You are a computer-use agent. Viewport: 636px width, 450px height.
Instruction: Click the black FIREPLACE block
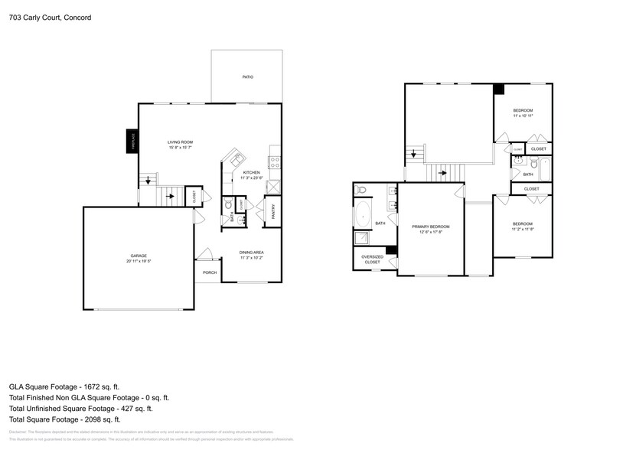coord(131,142)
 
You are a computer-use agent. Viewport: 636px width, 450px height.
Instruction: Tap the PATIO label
coord(247,77)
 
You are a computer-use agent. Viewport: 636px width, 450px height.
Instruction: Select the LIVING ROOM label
coord(180,142)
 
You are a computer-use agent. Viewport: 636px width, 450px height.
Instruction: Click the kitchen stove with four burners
coord(274,161)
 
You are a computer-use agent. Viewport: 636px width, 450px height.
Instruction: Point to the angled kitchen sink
coord(235,159)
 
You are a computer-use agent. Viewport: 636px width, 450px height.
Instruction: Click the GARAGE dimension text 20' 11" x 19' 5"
coord(138,262)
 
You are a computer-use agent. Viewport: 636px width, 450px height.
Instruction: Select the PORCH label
coord(209,272)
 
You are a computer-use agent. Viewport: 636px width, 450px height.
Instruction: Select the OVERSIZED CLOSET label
coord(372,259)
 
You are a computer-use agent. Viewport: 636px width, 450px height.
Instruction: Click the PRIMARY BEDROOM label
coord(430,227)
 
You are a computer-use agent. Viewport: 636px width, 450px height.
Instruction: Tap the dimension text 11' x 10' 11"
coord(523,116)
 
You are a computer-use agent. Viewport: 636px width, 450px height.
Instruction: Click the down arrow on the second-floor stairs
coord(414,154)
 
